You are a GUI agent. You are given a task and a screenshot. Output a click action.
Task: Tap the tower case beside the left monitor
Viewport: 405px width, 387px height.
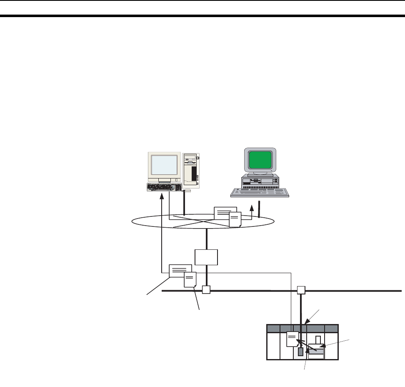click(x=191, y=171)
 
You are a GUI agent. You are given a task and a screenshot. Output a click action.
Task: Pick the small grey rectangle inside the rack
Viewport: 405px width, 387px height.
click(x=301, y=352)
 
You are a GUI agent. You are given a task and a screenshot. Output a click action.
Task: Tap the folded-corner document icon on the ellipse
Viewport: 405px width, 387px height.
click(x=235, y=219)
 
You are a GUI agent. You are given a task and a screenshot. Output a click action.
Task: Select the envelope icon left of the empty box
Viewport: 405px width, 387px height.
click(x=180, y=271)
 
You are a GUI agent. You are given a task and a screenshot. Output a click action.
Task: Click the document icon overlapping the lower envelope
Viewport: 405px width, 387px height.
click(x=190, y=280)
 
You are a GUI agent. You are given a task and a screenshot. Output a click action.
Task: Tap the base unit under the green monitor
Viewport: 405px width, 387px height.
click(x=260, y=181)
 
